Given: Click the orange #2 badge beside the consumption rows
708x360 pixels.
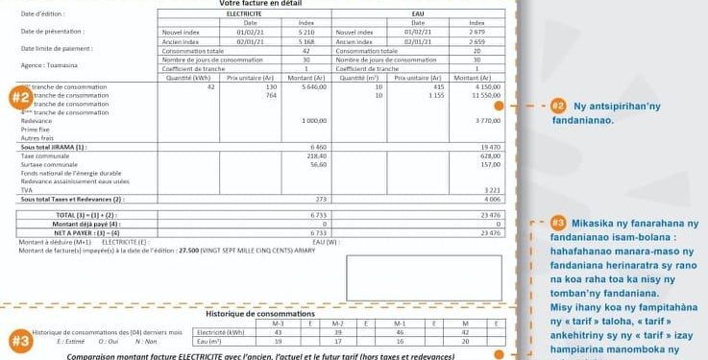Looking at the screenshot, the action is point(19,97).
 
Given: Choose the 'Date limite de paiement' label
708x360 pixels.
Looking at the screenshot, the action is point(57,47).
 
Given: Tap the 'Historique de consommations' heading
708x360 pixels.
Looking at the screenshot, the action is point(261,313).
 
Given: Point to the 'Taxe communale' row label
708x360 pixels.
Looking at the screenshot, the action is point(41,155).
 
